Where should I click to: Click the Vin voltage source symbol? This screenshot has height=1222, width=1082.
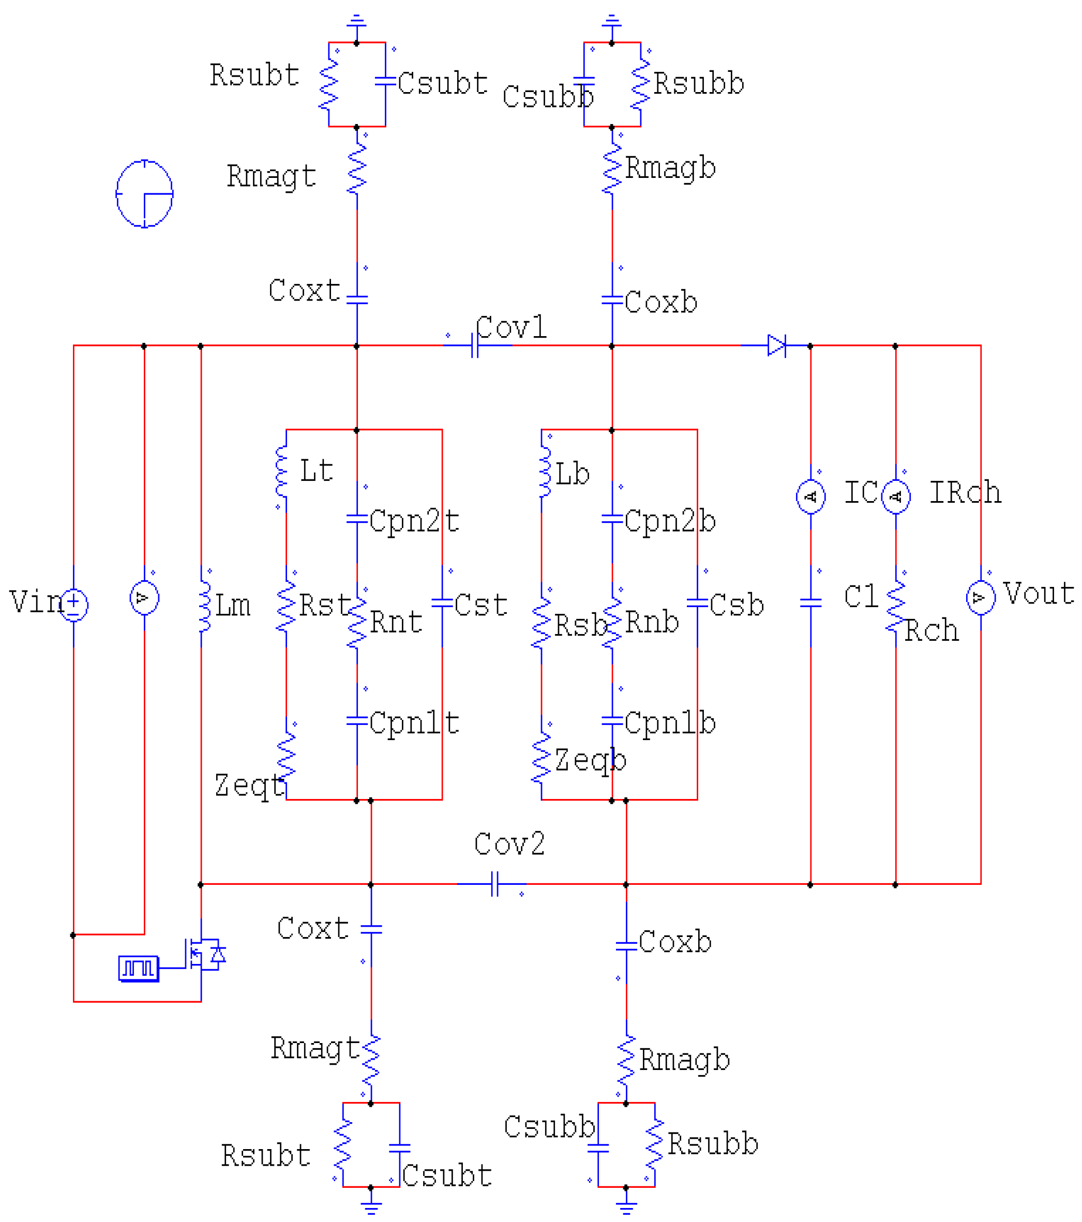pyautogui.click(x=73, y=605)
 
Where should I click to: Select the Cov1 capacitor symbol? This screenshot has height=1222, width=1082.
pyautogui.click(x=475, y=345)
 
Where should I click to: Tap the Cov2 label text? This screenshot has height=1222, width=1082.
pyautogui.click(x=509, y=844)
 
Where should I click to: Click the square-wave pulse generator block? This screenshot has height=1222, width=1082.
pyautogui.click(x=139, y=968)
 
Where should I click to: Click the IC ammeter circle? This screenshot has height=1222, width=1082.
pyautogui.click(x=810, y=496)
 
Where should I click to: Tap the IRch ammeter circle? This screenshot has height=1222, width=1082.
pyautogui.click(x=895, y=496)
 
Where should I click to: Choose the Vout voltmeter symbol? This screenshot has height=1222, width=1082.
pyautogui.click(x=981, y=597)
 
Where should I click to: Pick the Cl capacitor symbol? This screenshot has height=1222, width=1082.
pyautogui.click(x=810, y=604)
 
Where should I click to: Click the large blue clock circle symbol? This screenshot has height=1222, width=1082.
pyautogui.click(x=144, y=194)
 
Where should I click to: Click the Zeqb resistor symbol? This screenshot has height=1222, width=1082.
pyautogui.click(x=541, y=758)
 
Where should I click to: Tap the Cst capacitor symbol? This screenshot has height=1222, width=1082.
pyautogui.click(x=442, y=604)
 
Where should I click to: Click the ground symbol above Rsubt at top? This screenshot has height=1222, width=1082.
pyautogui.click(x=357, y=23)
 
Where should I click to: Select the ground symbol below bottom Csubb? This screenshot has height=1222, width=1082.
pyautogui.click(x=626, y=1206)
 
